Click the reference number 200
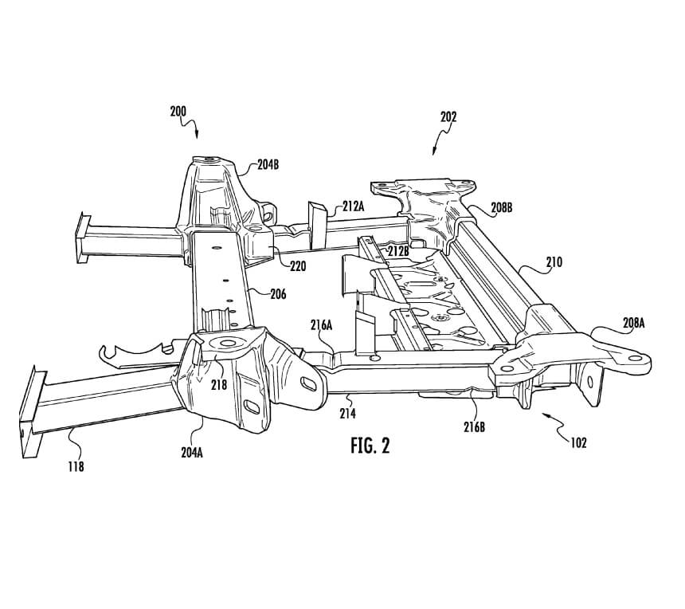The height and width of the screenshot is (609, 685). [178, 112]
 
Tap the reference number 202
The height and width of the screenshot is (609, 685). [448, 116]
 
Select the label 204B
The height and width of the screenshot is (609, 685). [268, 165]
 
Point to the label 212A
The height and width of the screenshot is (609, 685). [353, 206]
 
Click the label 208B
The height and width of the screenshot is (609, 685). [501, 208]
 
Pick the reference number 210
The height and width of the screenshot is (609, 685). [554, 262]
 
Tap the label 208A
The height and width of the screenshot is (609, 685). [633, 323]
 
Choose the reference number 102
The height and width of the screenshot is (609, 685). [578, 443]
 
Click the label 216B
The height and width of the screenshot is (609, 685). [475, 427]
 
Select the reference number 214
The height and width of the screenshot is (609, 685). [348, 413]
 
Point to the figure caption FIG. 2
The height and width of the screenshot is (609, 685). [370, 446]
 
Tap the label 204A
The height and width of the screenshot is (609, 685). [192, 453]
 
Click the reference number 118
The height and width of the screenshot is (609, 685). [76, 467]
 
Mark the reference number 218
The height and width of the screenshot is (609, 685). [219, 384]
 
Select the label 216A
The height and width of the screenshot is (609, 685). [322, 325]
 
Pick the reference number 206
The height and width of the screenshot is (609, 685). [278, 294]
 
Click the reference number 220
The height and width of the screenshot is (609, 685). [298, 265]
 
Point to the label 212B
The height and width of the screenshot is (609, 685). [398, 251]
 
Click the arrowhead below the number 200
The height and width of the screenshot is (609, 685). [197, 135]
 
